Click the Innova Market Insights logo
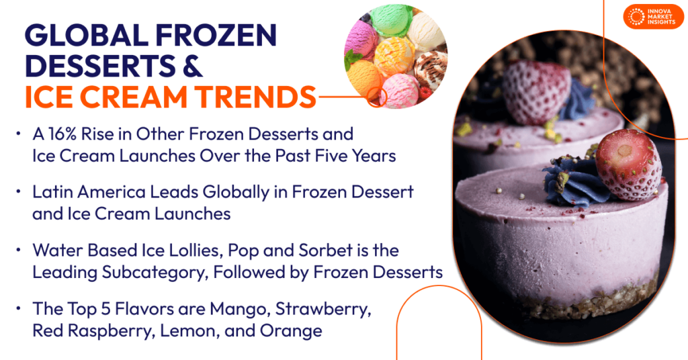coord(652,16)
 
